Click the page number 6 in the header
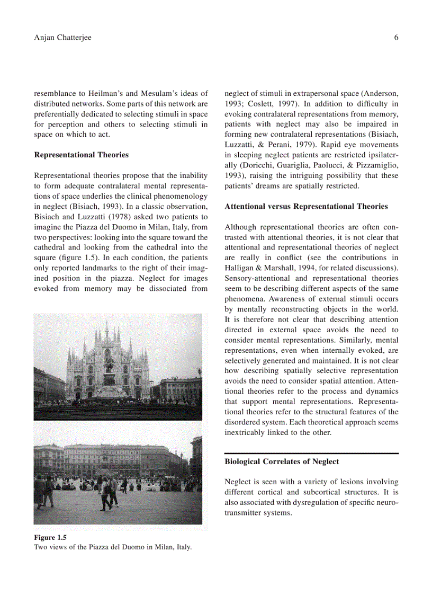coord(395,37)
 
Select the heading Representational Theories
coord(81,155)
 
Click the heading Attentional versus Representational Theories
coord(306,206)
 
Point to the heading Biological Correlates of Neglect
coord(282,461)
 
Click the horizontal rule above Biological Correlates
coord(311,453)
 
